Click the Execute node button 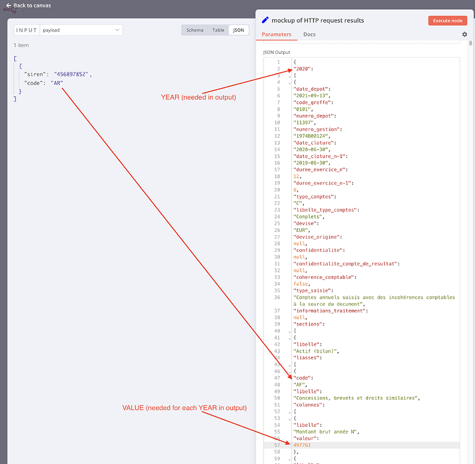447,20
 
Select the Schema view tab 195,30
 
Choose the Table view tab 218,30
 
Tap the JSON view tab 239,30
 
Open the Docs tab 309,35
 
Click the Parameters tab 276,35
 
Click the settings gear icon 464,34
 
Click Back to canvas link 28,6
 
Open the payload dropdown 81,30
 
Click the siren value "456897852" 71,74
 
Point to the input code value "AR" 57,83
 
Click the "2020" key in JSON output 302,69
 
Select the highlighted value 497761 302,445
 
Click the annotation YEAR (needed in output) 199,97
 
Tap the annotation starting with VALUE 184,408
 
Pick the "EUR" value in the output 301,230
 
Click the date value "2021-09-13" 311,95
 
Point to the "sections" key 308,324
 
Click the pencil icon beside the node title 265,20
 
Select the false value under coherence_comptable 301,284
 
